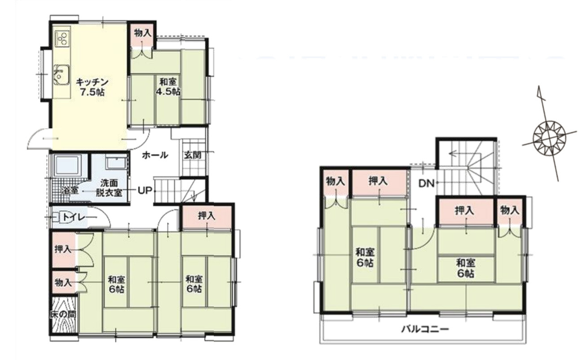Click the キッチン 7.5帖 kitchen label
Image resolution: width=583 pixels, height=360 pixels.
(x=92, y=87)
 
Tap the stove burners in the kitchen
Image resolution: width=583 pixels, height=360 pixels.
(x=62, y=39)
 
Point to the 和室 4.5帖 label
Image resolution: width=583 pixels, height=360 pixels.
(x=168, y=87)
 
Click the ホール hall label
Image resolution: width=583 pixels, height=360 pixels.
(x=155, y=155)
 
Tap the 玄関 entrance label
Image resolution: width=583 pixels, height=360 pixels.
(x=193, y=155)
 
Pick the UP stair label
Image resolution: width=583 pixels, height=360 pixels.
(x=145, y=191)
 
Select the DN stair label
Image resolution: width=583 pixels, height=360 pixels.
(x=427, y=184)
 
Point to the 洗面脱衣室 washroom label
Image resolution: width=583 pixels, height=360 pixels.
(x=109, y=188)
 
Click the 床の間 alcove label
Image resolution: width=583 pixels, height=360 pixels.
(x=63, y=315)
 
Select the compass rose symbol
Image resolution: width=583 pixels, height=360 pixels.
(x=549, y=138)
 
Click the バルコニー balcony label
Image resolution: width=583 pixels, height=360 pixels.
(x=425, y=329)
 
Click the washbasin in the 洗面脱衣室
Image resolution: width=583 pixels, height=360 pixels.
(x=116, y=163)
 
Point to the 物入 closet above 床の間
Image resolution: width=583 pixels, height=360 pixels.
(x=63, y=282)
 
